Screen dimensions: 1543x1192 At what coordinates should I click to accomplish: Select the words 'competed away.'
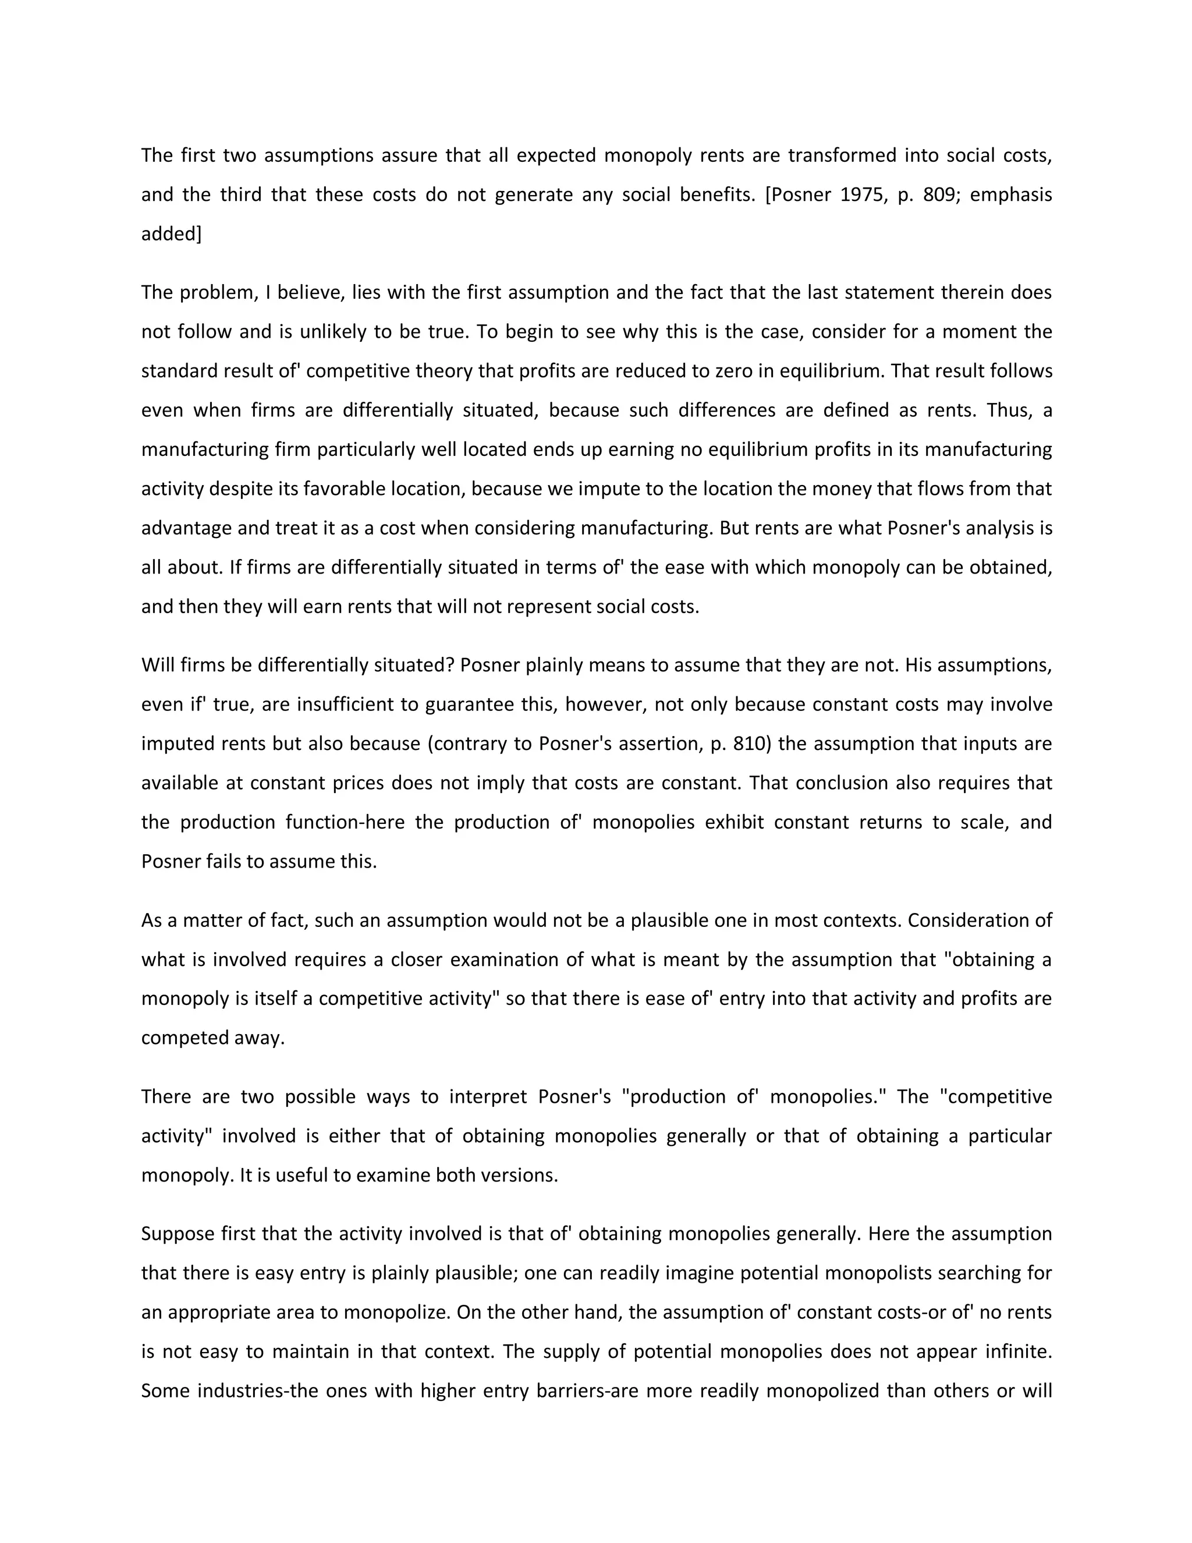(212, 1038)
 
